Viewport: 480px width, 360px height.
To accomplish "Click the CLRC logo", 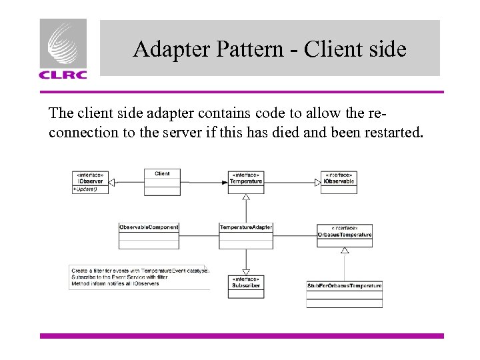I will point(63,49).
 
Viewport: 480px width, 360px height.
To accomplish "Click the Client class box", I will point(162,181).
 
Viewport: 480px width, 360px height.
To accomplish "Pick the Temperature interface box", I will point(246,181).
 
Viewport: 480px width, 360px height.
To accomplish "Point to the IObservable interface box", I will point(339,181).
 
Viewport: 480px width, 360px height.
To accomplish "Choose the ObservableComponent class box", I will point(149,235).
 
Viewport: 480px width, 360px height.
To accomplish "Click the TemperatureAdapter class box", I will point(246,235).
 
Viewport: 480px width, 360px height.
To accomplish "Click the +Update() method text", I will point(85,189).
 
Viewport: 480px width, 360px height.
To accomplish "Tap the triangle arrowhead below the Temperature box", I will point(246,197).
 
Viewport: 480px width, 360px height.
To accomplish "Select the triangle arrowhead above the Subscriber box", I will point(246,271).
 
